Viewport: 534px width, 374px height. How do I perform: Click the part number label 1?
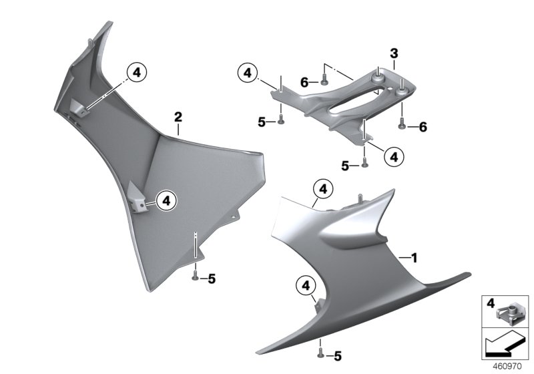point(414,258)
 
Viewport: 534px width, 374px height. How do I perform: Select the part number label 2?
point(178,117)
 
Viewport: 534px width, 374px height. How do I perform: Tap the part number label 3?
point(394,53)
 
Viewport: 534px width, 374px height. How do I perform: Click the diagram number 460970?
point(507,367)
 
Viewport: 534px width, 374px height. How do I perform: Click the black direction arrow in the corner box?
point(505,344)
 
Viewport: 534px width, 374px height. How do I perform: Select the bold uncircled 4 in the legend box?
point(491,303)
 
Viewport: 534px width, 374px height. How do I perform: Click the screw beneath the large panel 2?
point(196,275)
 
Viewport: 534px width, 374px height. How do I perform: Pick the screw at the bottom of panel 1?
point(320,353)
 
